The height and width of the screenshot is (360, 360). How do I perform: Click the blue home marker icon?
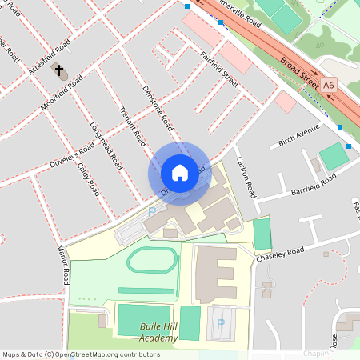(x=179, y=172)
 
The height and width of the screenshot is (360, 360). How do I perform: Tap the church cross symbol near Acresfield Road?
(x=58, y=70)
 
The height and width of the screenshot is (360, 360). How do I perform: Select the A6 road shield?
(x=329, y=83)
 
